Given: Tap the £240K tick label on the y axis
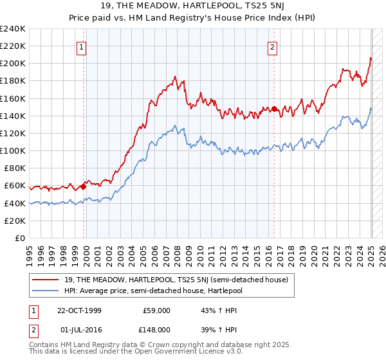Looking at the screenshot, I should pos(12,29).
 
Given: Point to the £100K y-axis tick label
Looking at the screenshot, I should pos(12,150).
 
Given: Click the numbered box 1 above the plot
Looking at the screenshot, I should pos(82,46).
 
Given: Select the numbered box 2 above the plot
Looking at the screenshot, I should pos(273,46).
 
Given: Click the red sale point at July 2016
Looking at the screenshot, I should pos(274,109).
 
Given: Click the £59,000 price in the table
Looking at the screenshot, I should pos(156,310).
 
